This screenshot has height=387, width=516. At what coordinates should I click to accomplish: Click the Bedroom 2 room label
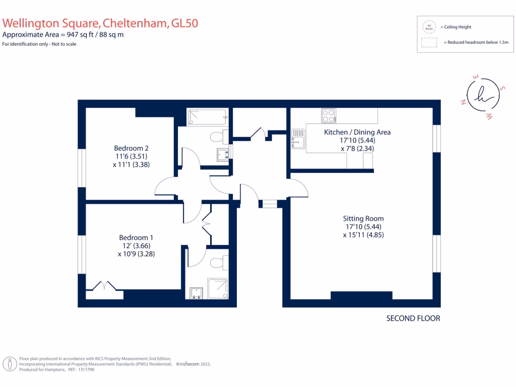coord(131,148)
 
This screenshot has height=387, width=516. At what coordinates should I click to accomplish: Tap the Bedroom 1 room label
coord(136,237)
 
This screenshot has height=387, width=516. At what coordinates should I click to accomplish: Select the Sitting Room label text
coord(363,218)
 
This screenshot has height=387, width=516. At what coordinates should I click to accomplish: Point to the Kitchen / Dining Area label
coord(357,132)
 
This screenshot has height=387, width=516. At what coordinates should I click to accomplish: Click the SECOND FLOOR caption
coord(413,318)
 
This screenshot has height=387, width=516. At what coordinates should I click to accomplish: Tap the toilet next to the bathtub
coord(217,137)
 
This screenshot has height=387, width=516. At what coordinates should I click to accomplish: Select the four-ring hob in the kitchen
coord(329,116)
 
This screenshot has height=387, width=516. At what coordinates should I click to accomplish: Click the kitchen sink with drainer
coord(298,139)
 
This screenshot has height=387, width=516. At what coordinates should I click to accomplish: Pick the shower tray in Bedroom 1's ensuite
coord(218,289)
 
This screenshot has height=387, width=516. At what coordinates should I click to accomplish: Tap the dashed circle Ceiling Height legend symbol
coord(429,27)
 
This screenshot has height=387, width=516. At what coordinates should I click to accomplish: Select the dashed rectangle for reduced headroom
coord(429,43)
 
